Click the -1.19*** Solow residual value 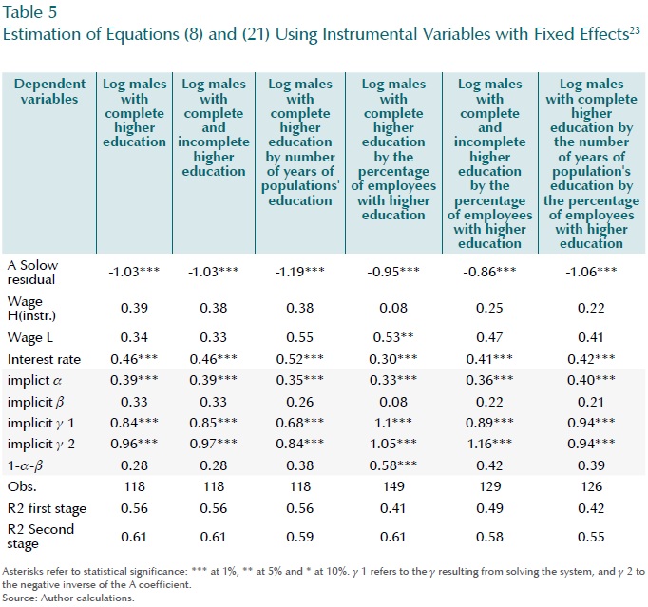pyautogui.click(x=299, y=271)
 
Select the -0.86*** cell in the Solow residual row pyautogui.click(x=490, y=271)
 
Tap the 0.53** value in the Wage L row pyautogui.click(x=394, y=335)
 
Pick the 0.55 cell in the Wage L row pyautogui.click(x=299, y=335)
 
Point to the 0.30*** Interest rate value pyautogui.click(x=394, y=358)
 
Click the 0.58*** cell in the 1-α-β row pyautogui.click(x=394, y=464)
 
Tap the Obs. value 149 pyautogui.click(x=394, y=485)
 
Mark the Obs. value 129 pyautogui.click(x=490, y=485)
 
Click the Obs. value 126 pyautogui.click(x=590, y=485)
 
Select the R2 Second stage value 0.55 pyautogui.click(x=590, y=537)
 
